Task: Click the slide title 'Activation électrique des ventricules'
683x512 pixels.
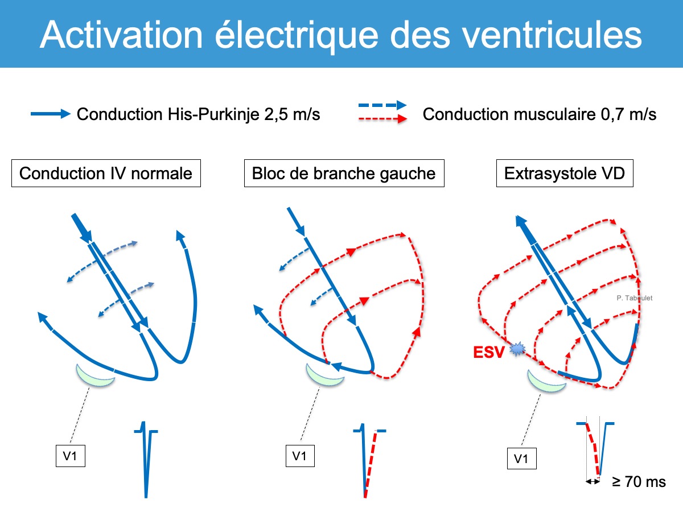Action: coord(341,34)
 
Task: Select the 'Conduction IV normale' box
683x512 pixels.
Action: coord(106,173)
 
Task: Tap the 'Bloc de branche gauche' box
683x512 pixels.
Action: coord(344,173)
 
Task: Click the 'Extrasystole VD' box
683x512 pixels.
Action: coord(565,173)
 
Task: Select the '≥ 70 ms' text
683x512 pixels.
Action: coord(639,482)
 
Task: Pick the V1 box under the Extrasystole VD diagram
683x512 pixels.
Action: coord(521,459)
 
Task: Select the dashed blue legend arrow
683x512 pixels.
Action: coord(382,105)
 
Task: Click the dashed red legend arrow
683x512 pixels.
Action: coord(382,119)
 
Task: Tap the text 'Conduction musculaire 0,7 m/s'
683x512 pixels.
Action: coord(540,114)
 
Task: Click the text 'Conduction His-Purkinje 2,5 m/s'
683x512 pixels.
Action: coord(198,114)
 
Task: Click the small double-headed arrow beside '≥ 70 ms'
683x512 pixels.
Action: coord(593,481)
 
